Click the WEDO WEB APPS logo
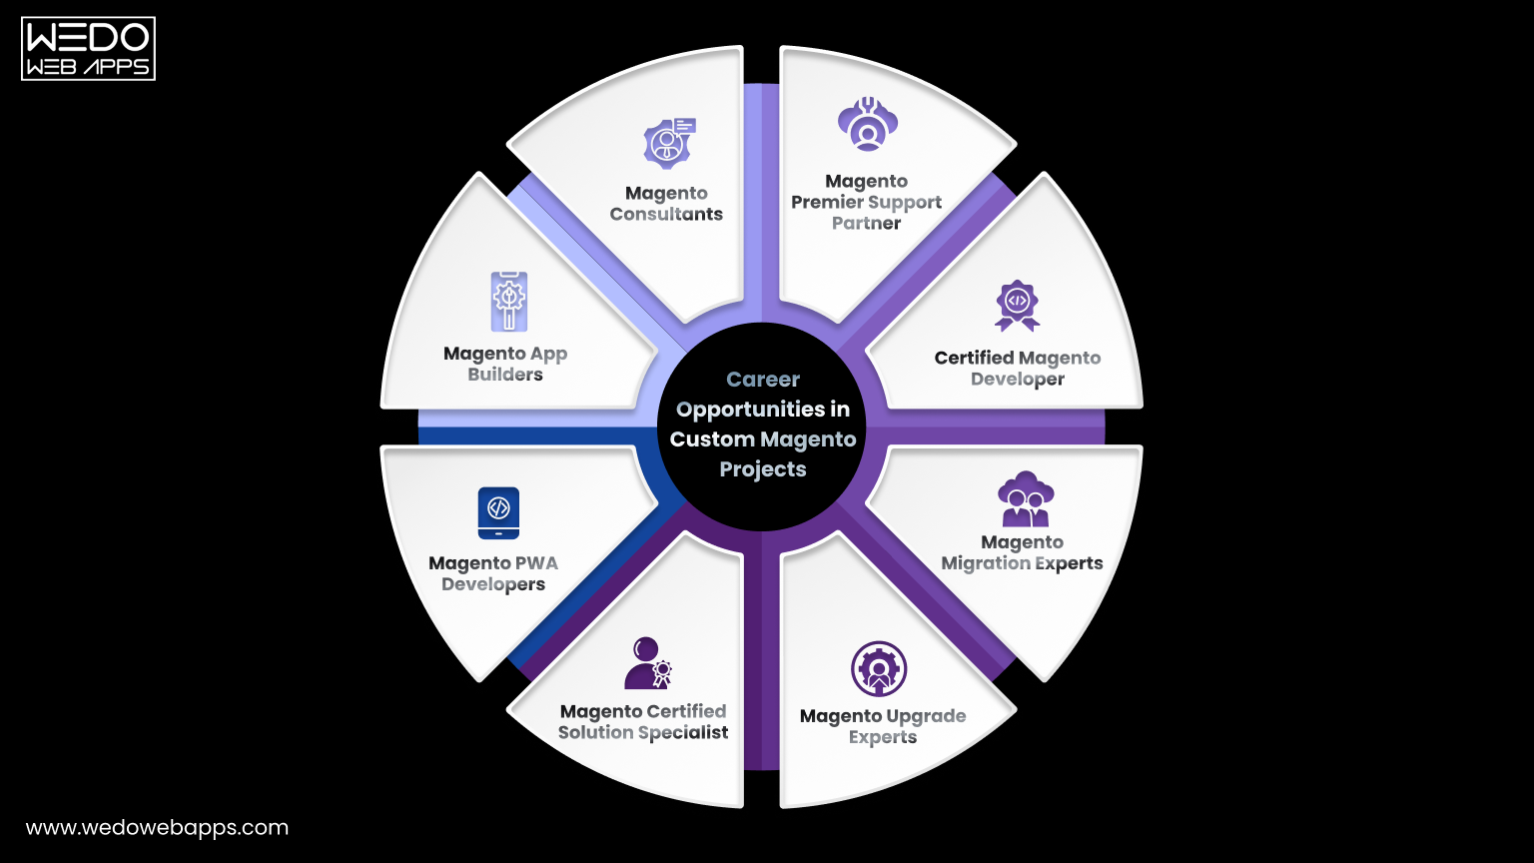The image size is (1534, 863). (88, 48)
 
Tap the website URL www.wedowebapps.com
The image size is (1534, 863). (157, 828)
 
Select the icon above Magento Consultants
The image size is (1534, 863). (668, 143)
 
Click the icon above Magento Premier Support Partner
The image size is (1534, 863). (867, 125)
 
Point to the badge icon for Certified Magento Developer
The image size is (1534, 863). (1017, 305)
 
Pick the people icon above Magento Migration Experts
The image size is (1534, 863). (1025, 498)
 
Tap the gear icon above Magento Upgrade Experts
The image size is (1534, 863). (879, 669)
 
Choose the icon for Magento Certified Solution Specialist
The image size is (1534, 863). (647, 663)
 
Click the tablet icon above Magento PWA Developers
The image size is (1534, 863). (498, 512)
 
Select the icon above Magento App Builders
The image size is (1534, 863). (508, 301)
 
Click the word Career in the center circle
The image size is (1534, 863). (763, 380)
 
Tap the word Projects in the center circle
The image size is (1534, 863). (763, 469)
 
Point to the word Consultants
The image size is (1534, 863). (666, 214)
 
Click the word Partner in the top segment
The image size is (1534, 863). (867, 223)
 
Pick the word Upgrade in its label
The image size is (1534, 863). (925, 716)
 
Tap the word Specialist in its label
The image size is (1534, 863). (684, 732)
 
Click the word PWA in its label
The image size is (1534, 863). (538, 563)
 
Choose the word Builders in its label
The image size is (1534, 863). (505, 375)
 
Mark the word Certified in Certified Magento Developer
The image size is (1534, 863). (974, 358)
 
